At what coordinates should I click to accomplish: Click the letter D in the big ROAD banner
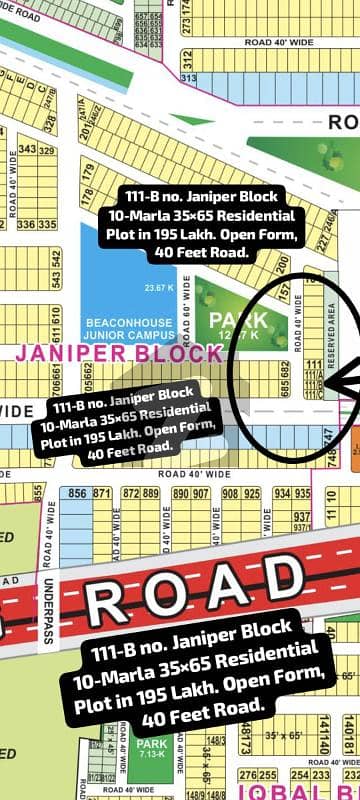(x=284, y=576)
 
